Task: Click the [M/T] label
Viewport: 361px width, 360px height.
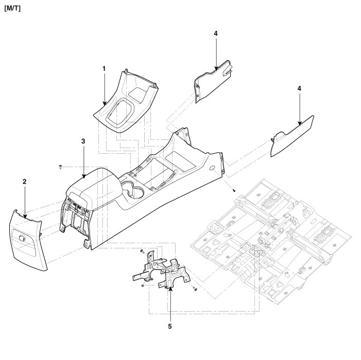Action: click(12, 9)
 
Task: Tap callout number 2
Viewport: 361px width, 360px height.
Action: click(24, 182)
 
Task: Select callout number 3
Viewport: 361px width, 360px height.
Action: click(83, 140)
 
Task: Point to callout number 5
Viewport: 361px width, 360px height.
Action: click(169, 326)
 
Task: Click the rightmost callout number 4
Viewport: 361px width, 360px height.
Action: click(299, 89)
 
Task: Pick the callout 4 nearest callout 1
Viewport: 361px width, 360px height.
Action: click(216, 33)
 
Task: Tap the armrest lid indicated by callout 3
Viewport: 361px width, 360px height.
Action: click(95, 185)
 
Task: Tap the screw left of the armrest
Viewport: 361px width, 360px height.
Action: click(61, 167)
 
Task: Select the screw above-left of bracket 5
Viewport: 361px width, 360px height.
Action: click(141, 250)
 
